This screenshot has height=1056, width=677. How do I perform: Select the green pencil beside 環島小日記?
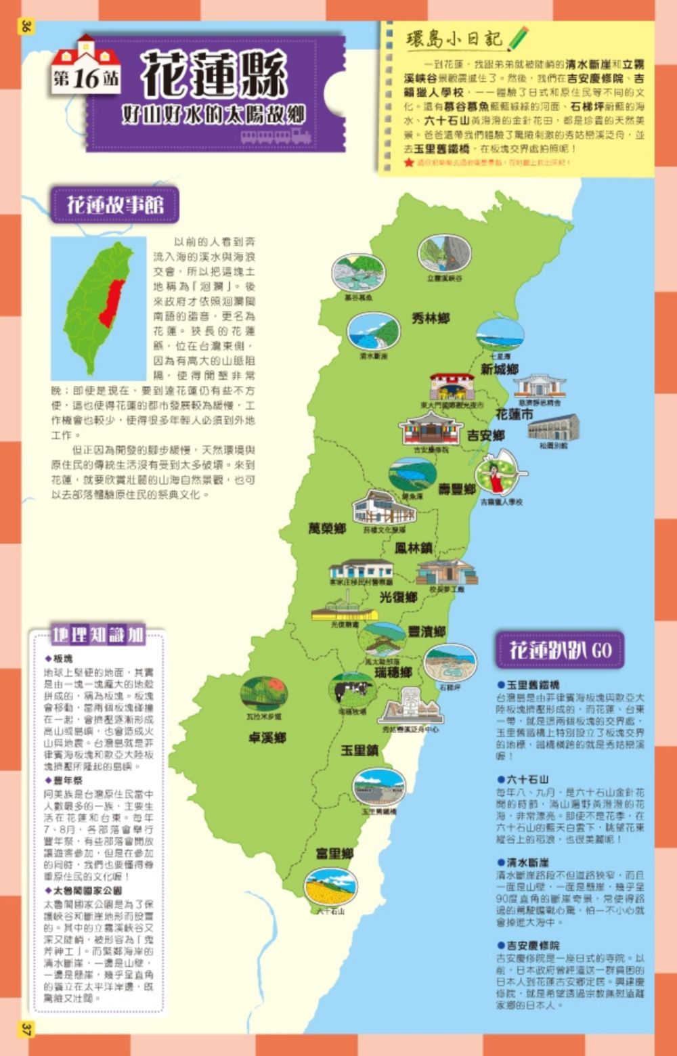pyautogui.click(x=517, y=37)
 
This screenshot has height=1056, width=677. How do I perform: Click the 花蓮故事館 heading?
pyautogui.click(x=115, y=204)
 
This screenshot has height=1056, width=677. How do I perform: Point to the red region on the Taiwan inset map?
pyautogui.click(x=114, y=303)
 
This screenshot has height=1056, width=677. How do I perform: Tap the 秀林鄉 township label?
pyautogui.click(x=431, y=318)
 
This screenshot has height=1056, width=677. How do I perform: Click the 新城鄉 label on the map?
pyautogui.click(x=500, y=369)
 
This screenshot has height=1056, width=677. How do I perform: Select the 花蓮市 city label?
pyautogui.click(x=515, y=414)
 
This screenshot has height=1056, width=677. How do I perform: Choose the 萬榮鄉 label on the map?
pyautogui.click(x=327, y=528)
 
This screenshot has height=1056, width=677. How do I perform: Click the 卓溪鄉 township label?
pyautogui.click(x=267, y=737)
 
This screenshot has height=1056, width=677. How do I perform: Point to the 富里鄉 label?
pyautogui.click(x=335, y=854)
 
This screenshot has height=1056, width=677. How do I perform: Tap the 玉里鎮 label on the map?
pyautogui.click(x=359, y=750)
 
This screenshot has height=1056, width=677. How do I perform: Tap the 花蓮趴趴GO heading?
pyautogui.click(x=560, y=650)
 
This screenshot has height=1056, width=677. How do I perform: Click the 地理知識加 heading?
pyautogui.click(x=99, y=634)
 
